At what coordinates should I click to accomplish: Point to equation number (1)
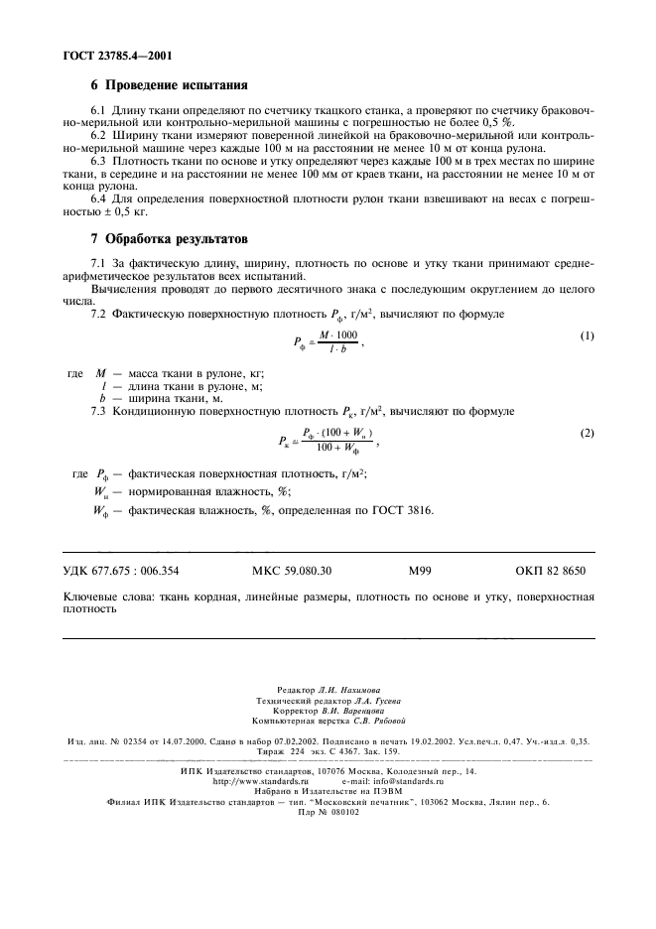pyautogui.click(x=587, y=336)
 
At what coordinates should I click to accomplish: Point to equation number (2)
pyautogui.click(x=587, y=434)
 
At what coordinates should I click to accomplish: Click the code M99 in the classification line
pyautogui.click(x=420, y=571)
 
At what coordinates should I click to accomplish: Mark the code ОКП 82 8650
pyautogui.click(x=551, y=571)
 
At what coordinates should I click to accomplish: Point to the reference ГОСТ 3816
pyautogui.click(x=403, y=510)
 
